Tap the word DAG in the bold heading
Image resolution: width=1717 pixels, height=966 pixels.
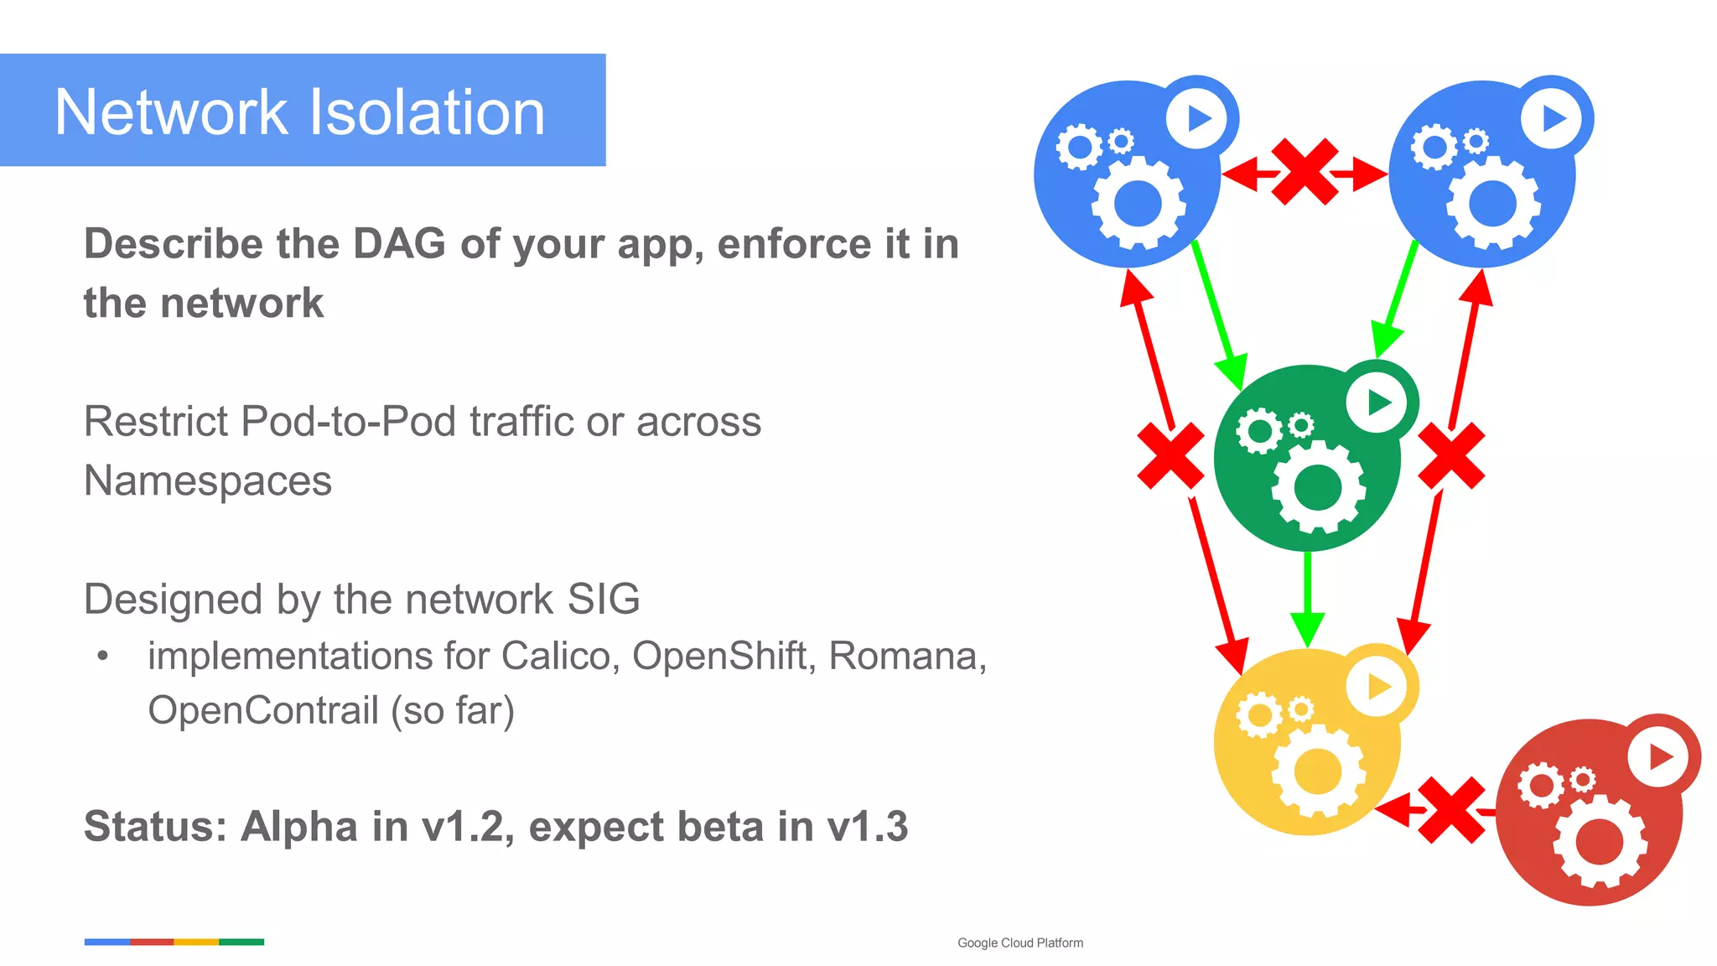pos(399,244)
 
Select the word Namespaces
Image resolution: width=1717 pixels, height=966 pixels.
pos(208,481)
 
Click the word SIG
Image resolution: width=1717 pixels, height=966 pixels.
pos(604,600)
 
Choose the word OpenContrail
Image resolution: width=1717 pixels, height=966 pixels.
pos(263,710)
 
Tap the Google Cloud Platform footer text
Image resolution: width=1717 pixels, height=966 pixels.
pos(1019,943)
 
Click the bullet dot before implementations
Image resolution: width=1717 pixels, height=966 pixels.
pos(102,656)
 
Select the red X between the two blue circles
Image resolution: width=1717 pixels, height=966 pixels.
pos(1305,172)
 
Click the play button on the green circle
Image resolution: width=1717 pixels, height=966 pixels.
pos(1377,402)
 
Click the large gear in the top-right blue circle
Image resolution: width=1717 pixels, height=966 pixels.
pos(1493,204)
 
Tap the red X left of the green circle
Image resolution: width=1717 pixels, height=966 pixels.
pos(1170,455)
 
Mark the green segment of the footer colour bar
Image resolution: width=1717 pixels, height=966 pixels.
pos(241,942)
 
